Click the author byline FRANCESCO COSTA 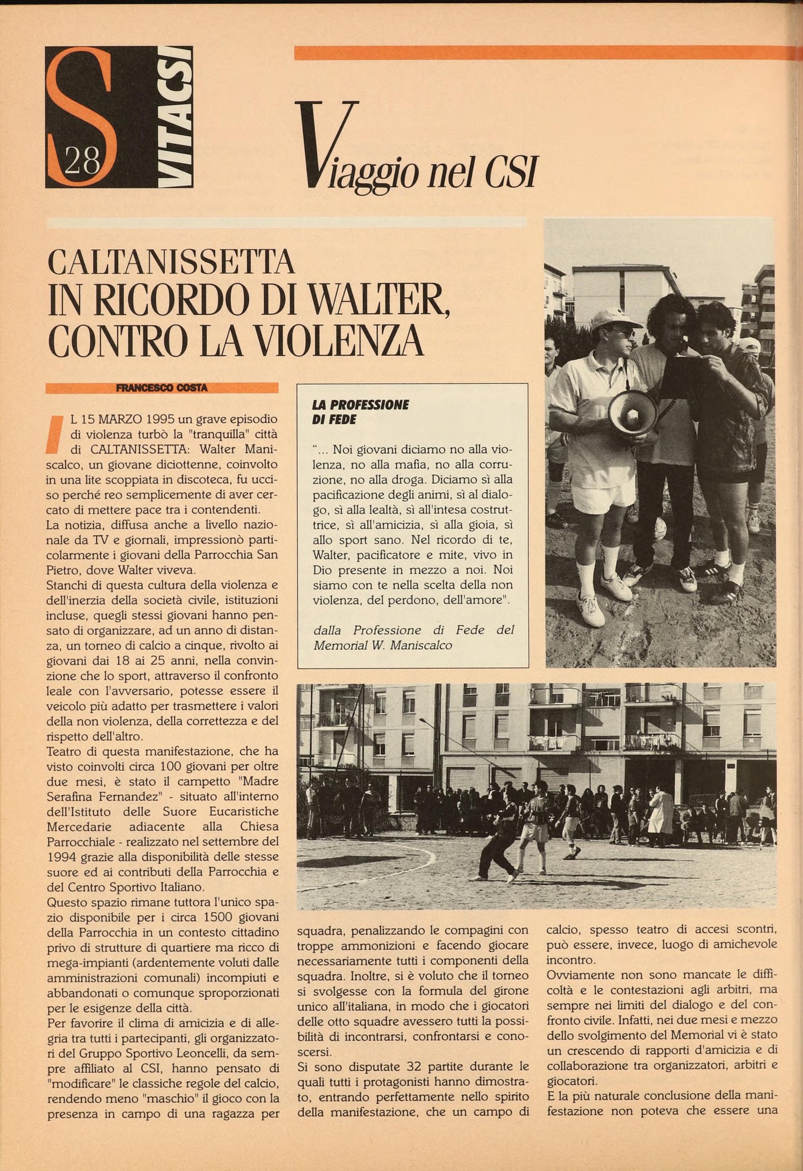pos(162,388)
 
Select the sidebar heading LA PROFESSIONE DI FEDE pos(361,412)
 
